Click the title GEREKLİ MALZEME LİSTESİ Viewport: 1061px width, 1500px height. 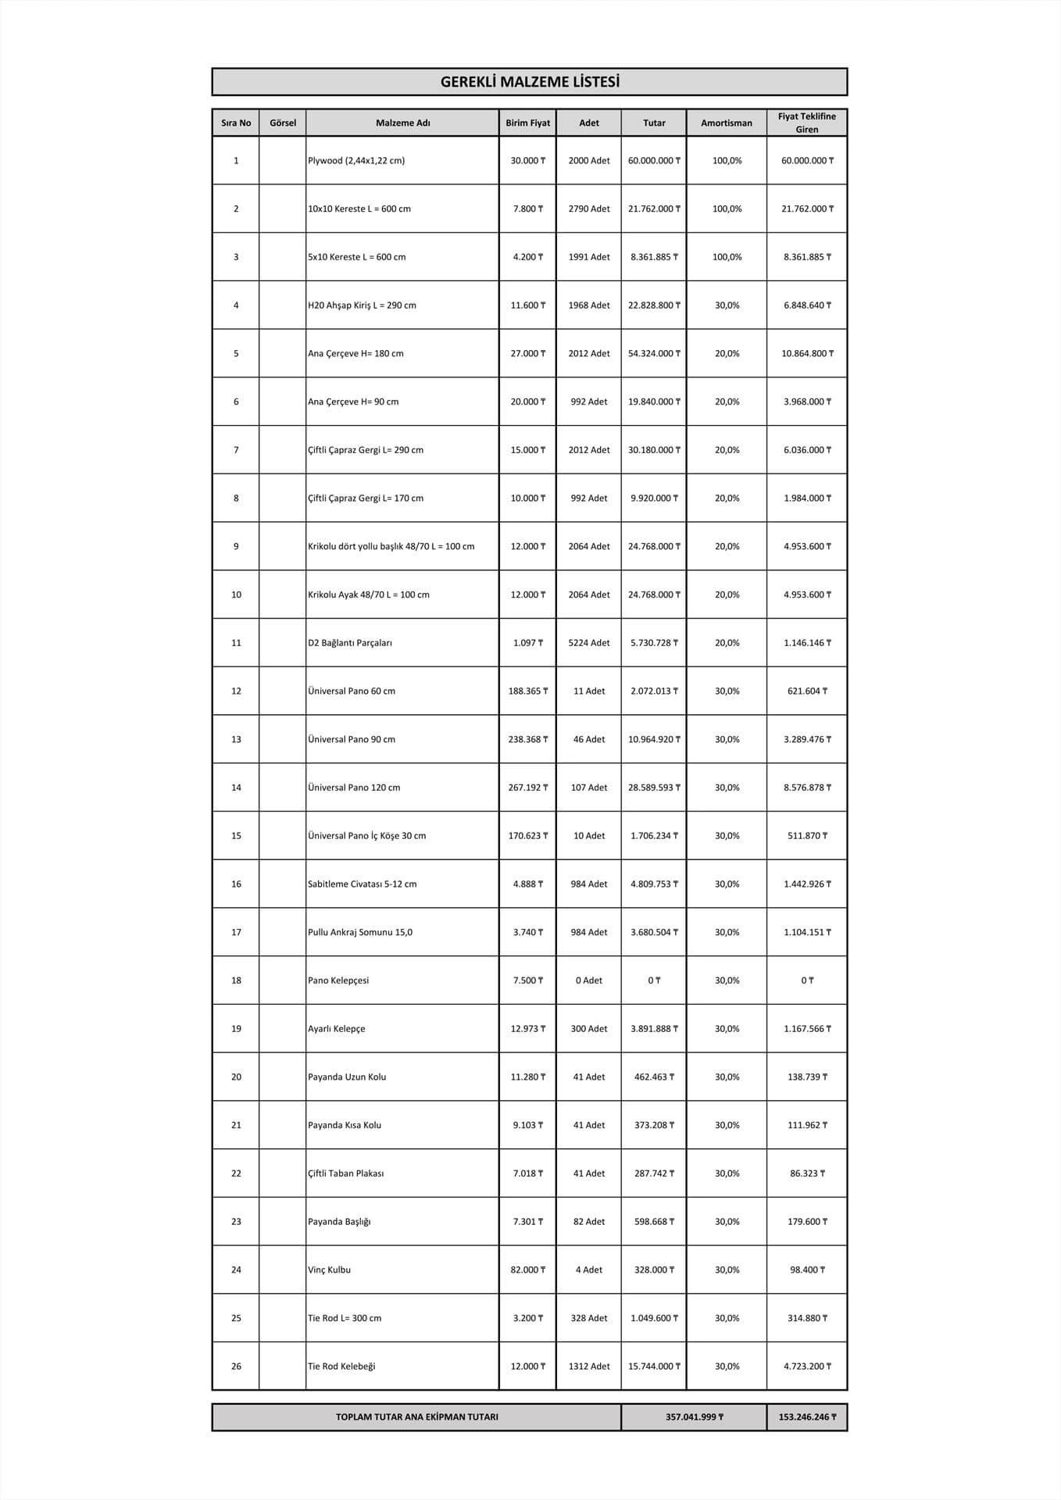(530, 82)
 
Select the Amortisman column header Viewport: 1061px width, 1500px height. (726, 123)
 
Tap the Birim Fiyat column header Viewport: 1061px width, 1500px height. (527, 123)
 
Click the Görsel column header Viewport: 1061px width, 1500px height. (282, 123)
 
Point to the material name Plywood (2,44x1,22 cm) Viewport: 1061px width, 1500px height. (356, 161)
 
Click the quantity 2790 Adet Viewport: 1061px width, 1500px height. (588, 209)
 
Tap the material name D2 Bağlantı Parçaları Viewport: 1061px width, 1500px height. (350, 643)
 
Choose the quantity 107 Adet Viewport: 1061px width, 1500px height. (588, 787)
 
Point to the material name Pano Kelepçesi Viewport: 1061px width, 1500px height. (338, 980)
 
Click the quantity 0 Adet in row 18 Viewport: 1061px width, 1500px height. (588, 980)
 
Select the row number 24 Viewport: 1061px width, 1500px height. (236, 1270)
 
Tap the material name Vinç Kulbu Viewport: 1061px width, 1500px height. (329, 1270)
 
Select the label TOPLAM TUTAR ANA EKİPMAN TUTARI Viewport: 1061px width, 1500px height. (416, 1417)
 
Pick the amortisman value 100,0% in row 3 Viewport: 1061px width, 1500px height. (727, 257)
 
